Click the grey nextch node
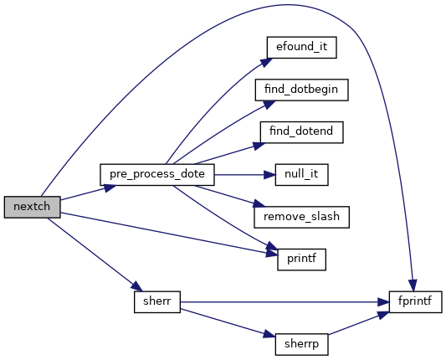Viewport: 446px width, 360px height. coord(32,207)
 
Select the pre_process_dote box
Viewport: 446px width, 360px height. coord(157,174)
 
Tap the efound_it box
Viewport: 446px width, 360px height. coord(301,47)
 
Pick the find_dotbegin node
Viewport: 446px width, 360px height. coord(301,90)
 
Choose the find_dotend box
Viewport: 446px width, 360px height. coord(301,132)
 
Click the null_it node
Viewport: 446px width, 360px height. coord(301,174)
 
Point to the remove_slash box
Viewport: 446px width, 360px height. coord(301,217)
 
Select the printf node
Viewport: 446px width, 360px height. coord(301,260)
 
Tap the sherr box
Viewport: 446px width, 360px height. coord(157,301)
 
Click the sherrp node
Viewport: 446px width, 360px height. coord(301,344)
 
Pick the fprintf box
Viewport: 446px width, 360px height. coord(415,301)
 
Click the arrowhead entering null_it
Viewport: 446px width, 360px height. coord(269,175)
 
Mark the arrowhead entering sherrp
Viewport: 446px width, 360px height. coord(269,334)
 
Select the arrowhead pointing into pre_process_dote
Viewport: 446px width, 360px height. coord(110,188)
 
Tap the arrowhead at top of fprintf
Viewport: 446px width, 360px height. coord(413,285)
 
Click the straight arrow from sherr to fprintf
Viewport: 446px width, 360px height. coord(285,302)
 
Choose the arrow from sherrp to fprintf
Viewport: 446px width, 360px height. coord(358,323)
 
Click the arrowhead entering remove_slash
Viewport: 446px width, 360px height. coord(259,203)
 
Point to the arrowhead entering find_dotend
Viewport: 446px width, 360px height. coord(259,146)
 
